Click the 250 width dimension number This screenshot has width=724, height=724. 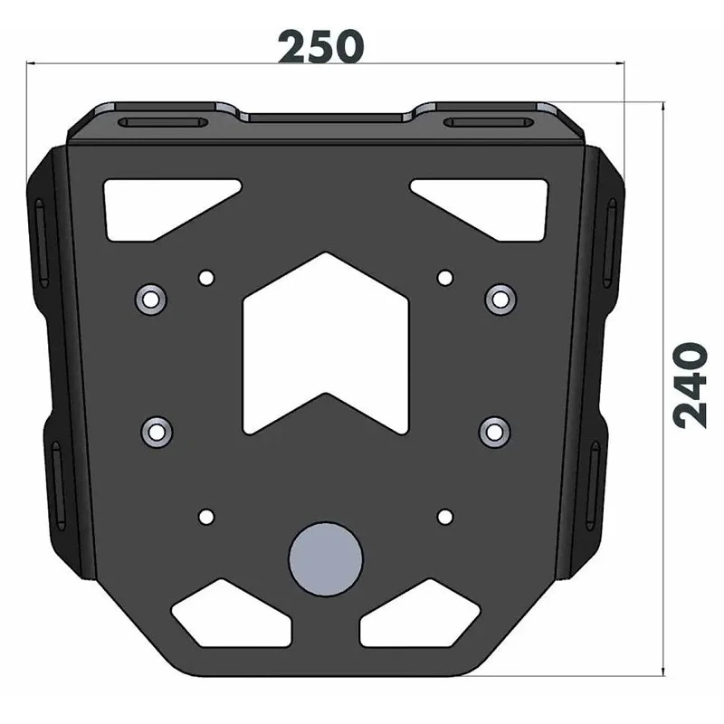click(320, 47)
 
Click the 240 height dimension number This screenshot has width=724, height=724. click(691, 386)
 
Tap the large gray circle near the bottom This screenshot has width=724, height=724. click(326, 559)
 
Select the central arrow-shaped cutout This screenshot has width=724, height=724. click(326, 344)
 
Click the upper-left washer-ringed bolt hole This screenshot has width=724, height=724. click(150, 300)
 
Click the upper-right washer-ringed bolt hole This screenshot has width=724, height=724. click(500, 300)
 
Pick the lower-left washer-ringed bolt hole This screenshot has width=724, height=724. click(157, 433)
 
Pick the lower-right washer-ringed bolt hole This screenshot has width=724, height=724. click(495, 433)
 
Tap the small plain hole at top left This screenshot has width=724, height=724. click(206, 278)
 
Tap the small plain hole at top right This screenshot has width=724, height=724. click(445, 278)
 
